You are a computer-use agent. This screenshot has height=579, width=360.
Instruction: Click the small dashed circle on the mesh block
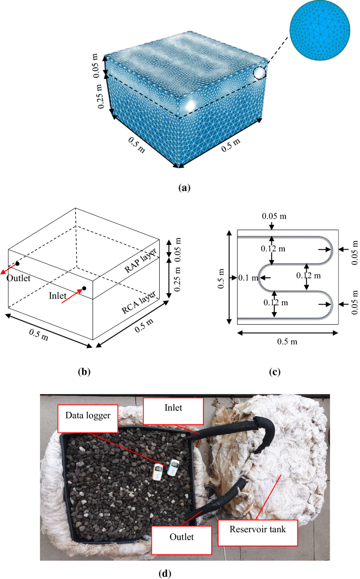point(260,73)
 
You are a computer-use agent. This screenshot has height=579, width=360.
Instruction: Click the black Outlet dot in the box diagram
point(17,263)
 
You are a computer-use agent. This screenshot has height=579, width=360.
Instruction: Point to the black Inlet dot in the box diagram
point(84,288)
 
